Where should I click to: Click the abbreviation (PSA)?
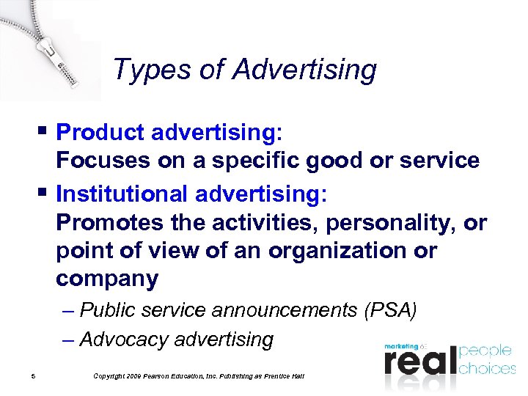(x=390, y=310)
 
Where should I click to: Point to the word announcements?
(x=285, y=310)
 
